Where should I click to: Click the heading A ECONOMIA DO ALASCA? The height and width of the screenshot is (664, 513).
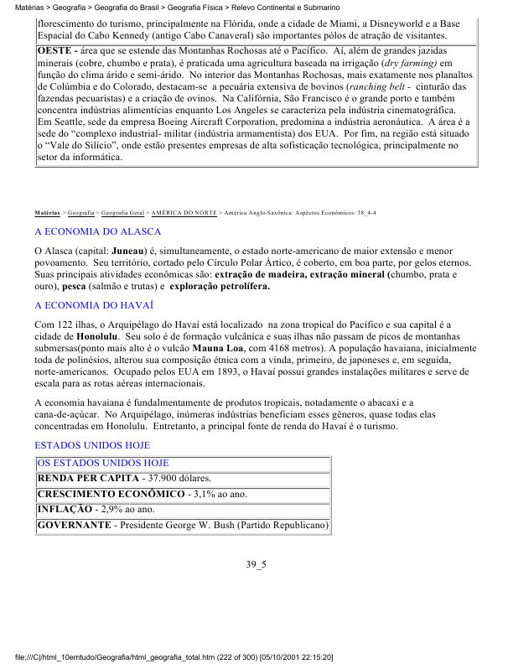tap(97, 230)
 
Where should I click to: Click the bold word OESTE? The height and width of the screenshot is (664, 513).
tap(54, 51)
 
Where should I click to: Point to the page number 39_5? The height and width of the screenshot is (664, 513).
tap(256, 564)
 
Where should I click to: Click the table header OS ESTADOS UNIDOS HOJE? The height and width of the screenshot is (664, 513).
tap(103, 463)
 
